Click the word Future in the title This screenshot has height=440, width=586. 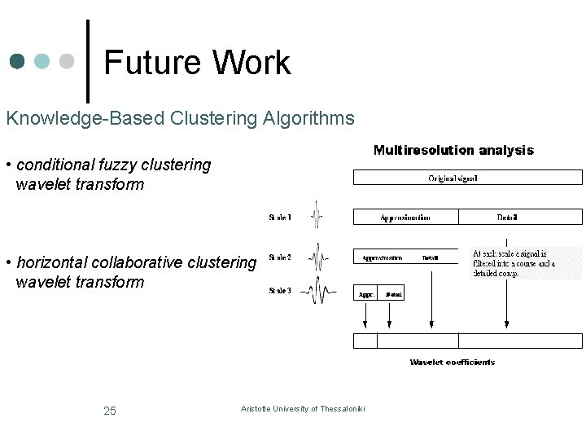coord(152,63)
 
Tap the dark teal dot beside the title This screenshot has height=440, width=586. coord(18,62)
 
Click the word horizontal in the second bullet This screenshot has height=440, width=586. coord(51,262)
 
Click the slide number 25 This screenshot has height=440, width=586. coord(110,411)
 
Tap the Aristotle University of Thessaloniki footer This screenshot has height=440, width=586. coord(303,408)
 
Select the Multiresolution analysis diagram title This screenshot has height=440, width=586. coord(453,150)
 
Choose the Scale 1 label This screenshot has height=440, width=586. coord(280,218)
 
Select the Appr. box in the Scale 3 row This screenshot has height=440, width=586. coord(366,293)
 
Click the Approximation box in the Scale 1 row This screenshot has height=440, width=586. coord(405,217)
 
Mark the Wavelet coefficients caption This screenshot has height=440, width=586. coord(452,363)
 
